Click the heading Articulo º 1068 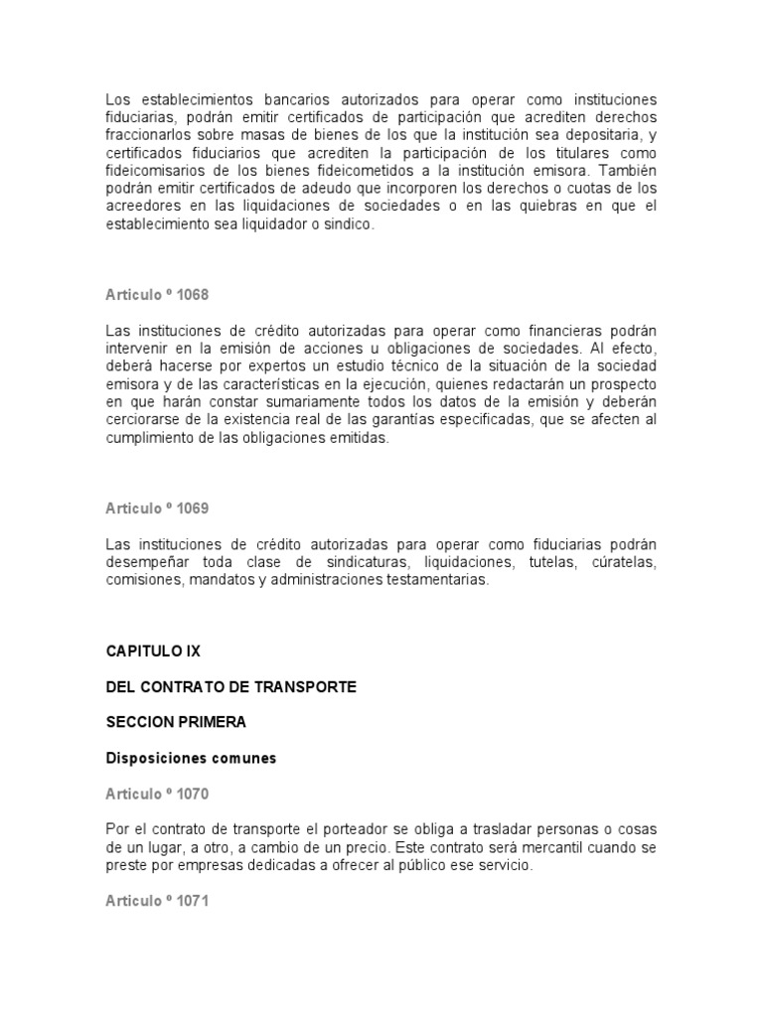tap(157, 295)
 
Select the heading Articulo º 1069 tap(157, 508)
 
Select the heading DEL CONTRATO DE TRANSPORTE tap(230, 687)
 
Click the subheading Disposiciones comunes tap(191, 758)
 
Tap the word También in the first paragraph tap(627, 172)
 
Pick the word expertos tap(263, 366)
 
